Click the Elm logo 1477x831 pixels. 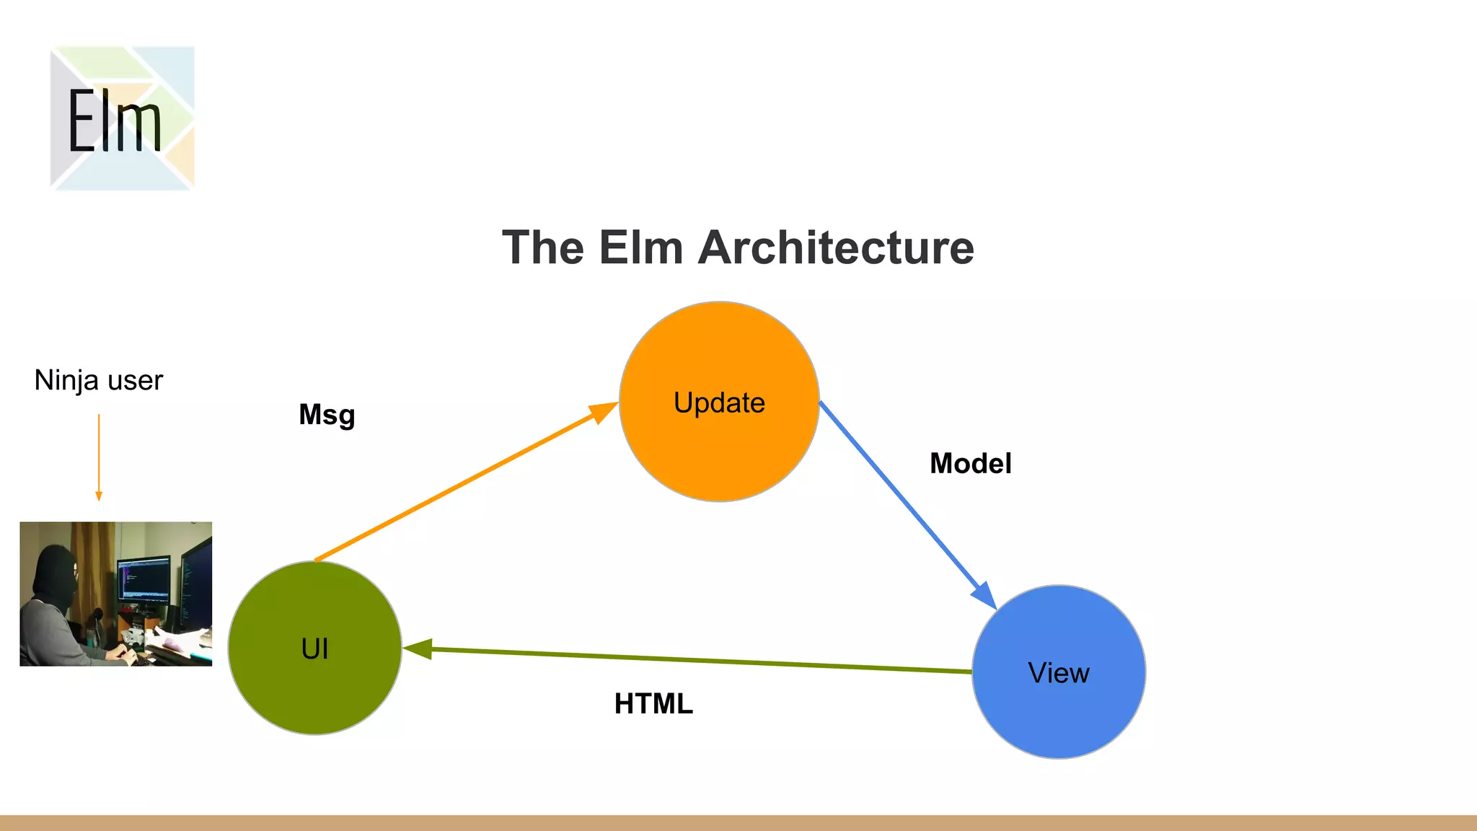[x=122, y=118]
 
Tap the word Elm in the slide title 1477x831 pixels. [x=640, y=247]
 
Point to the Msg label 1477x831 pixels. [x=327, y=415]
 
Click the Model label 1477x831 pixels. [x=970, y=463]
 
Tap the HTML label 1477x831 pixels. [x=653, y=703]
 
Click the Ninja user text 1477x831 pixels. [x=99, y=380]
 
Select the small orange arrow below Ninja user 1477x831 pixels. [x=99, y=457]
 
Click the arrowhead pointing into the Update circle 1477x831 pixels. [x=603, y=412]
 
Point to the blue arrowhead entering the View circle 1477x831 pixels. [x=984, y=595]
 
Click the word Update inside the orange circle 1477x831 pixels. [x=719, y=403]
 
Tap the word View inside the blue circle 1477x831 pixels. [x=1058, y=673]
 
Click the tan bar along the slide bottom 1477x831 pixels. [x=738, y=823]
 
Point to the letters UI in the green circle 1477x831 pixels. [x=314, y=649]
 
